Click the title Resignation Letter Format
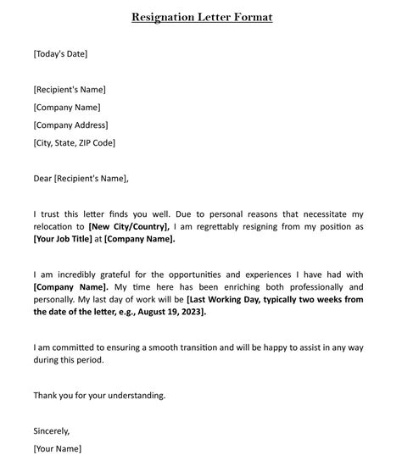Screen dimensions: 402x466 (x=202, y=17)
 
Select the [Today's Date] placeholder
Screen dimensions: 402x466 (x=60, y=54)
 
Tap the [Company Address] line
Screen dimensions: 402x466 (x=70, y=125)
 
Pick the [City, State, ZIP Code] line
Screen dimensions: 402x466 (x=75, y=143)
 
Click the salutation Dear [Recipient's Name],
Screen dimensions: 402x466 (x=81, y=179)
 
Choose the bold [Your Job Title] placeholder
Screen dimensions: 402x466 (x=62, y=239)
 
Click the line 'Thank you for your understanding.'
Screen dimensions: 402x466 (x=99, y=395)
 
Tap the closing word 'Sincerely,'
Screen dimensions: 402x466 (x=52, y=430)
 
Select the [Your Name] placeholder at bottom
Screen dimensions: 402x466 (x=58, y=448)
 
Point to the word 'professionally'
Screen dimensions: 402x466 (x=332, y=287)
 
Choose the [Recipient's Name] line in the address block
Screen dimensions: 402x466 (x=70, y=90)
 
